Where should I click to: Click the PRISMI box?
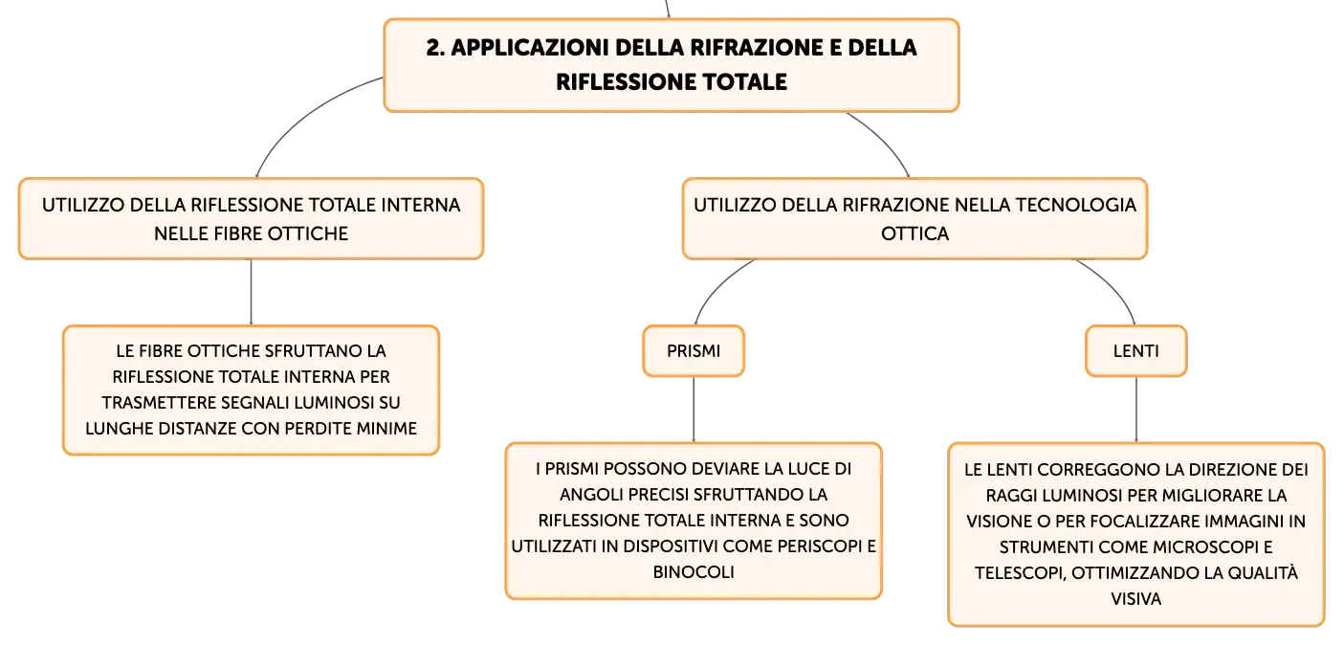[x=694, y=351]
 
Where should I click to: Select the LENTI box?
[x=1135, y=351]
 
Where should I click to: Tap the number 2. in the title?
[x=435, y=48]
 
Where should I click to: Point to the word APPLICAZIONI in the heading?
[x=530, y=48]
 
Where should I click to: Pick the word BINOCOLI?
[x=694, y=572]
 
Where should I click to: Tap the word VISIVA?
[x=1135, y=599]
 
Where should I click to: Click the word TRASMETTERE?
[x=153, y=403]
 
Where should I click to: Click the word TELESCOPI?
[x=1020, y=573]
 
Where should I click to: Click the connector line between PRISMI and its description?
[x=694, y=410]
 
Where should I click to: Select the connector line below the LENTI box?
[x=1135, y=410]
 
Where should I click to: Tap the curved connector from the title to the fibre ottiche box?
[x=303, y=115]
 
